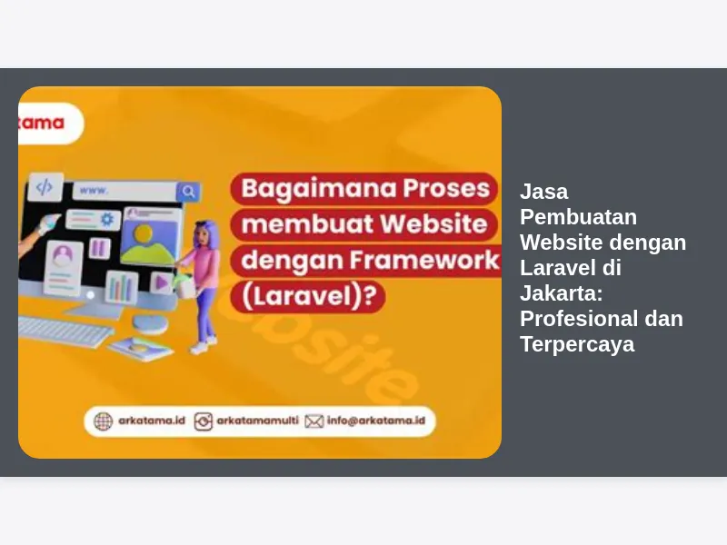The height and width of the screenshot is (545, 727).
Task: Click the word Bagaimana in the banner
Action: pyautogui.click(x=319, y=189)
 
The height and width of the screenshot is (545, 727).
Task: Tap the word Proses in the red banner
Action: pyautogui.click(x=446, y=188)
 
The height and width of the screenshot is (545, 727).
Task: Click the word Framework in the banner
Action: pyautogui.click(x=424, y=260)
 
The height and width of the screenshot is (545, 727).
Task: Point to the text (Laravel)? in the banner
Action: pyautogui.click(x=309, y=296)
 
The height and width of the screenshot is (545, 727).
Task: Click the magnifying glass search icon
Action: pyautogui.click(x=188, y=192)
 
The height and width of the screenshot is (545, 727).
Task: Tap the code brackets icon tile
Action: pyautogui.click(x=45, y=187)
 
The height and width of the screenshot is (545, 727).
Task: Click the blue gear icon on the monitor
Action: pyautogui.click(x=107, y=219)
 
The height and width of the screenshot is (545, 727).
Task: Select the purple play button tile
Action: pyautogui.click(x=162, y=282)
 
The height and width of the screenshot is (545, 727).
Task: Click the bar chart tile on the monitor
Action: pyautogui.click(x=122, y=286)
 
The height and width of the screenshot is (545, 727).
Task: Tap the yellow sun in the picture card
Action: pyautogui.click(x=144, y=233)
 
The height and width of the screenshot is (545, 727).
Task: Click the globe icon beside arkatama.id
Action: pyautogui.click(x=103, y=421)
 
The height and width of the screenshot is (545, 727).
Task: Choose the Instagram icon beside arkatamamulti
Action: pyautogui.click(x=203, y=421)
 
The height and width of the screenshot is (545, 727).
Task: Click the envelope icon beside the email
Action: pyautogui.click(x=314, y=421)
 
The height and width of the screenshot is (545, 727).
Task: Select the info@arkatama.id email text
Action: pyautogui.click(x=376, y=421)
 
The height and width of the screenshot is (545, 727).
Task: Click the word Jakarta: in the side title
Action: pyautogui.click(x=561, y=293)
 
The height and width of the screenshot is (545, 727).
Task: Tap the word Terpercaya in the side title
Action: pyautogui.click(x=577, y=344)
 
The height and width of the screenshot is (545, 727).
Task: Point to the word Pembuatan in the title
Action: pyautogui.click(x=578, y=217)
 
